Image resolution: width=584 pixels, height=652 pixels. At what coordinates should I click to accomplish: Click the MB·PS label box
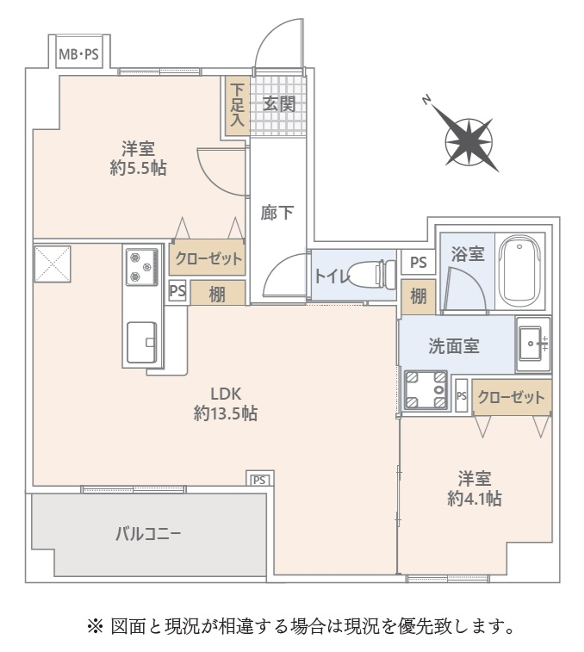(78, 53)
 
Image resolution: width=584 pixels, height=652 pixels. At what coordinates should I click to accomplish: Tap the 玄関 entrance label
(279, 103)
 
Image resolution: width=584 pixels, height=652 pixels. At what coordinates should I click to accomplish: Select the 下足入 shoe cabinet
(237, 105)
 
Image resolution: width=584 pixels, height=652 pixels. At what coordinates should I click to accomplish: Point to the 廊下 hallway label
(277, 213)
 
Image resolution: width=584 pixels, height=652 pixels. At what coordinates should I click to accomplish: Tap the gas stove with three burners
(142, 267)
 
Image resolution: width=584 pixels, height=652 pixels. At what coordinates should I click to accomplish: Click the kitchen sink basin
(142, 342)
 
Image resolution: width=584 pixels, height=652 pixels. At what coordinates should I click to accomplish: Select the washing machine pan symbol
(426, 390)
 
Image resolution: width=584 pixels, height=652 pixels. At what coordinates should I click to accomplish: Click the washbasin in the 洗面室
(534, 344)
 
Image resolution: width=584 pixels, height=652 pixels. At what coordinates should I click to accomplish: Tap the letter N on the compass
(426, 100)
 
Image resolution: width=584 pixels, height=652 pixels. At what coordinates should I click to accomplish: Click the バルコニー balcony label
(148, 533)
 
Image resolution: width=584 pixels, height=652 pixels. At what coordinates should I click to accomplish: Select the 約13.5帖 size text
(226, 413)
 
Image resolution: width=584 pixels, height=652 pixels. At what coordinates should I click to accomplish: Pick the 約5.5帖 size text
(139, 169)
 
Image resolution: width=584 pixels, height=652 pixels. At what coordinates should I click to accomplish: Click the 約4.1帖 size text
(475, 498)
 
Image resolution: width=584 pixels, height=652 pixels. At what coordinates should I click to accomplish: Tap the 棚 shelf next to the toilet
(419, 297)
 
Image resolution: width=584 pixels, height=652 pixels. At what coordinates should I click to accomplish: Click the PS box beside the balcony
(259, 479)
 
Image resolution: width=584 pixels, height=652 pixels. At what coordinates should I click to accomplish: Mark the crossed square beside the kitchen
(53, 264)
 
